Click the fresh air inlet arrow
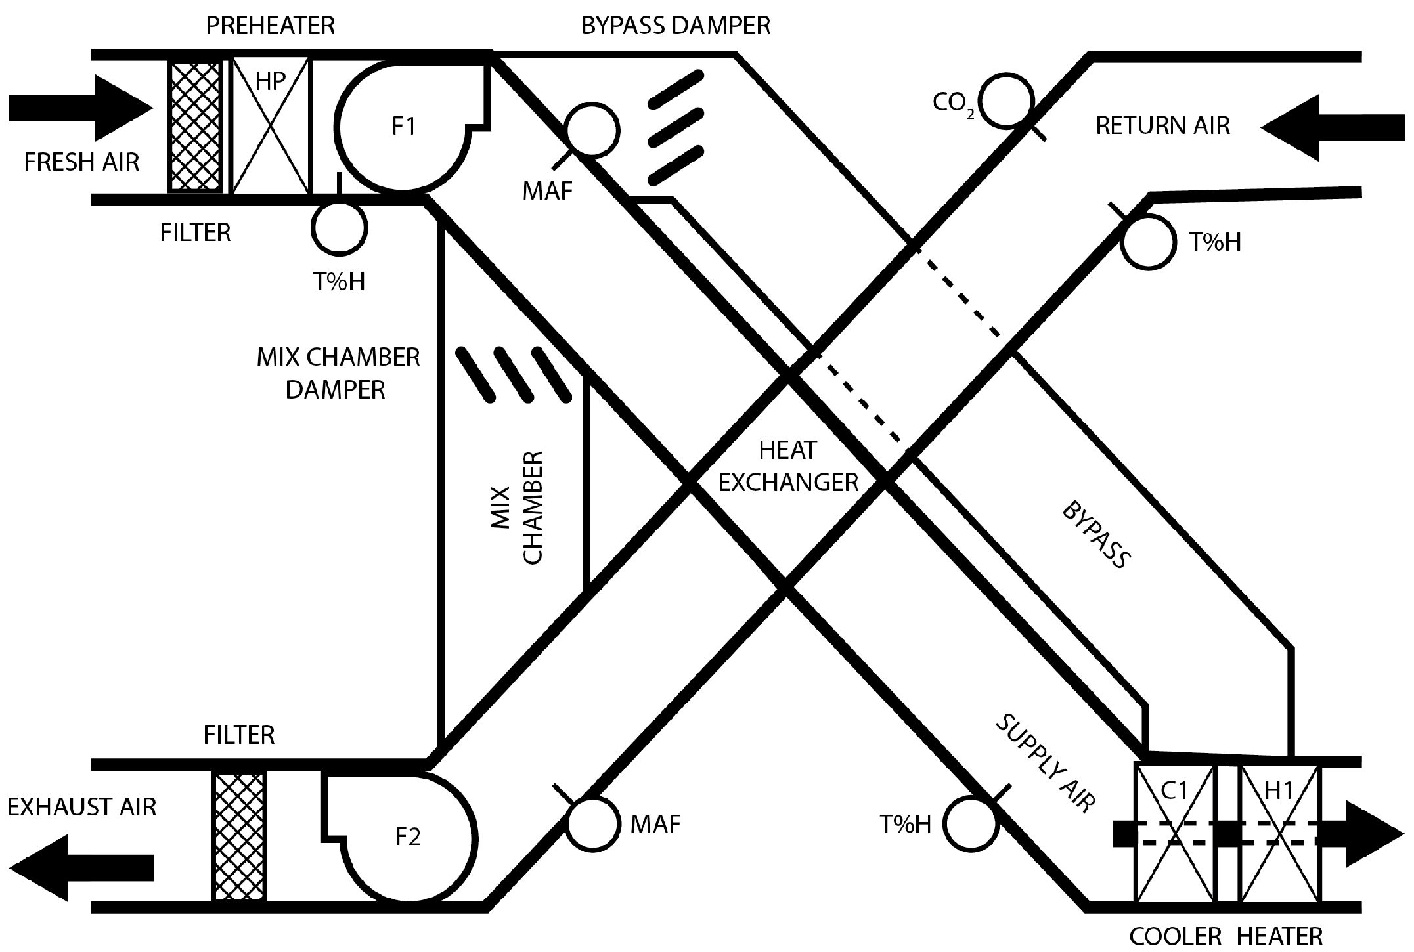point(79,108)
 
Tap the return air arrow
point(1333,127)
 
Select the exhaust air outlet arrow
point(79,867)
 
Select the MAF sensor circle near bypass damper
point(592,129)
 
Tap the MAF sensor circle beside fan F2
point(593,823)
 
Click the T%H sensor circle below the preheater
point(340,228)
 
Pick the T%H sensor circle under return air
point(1147,242)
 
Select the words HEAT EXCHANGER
point(787,467)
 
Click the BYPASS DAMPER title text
point(675,26)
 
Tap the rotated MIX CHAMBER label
point(517,507)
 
